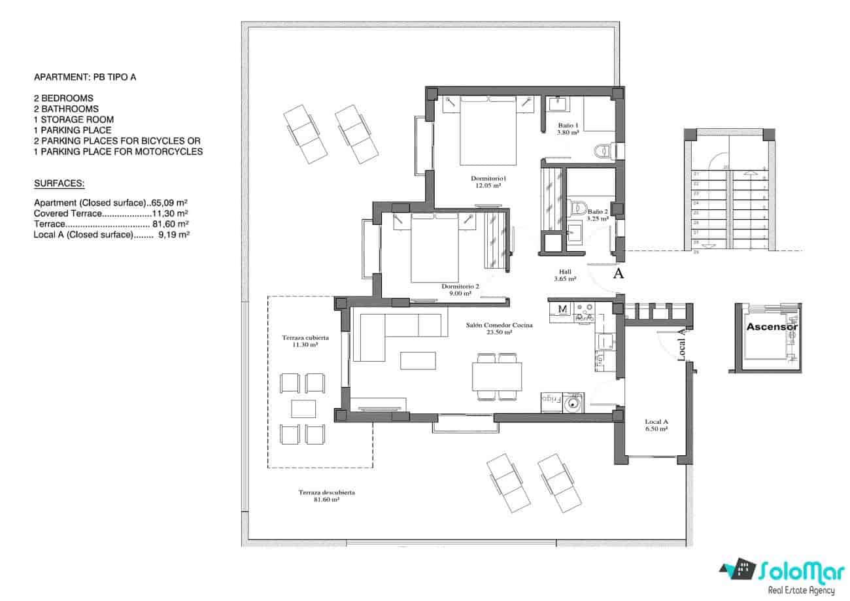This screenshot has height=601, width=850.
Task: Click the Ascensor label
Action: (x=772, y=326)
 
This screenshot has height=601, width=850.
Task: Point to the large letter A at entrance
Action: (x=617, y=274)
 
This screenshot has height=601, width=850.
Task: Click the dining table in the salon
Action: (x=497, y=377)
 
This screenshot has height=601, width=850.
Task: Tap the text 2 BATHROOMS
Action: (x=66, y=109)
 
